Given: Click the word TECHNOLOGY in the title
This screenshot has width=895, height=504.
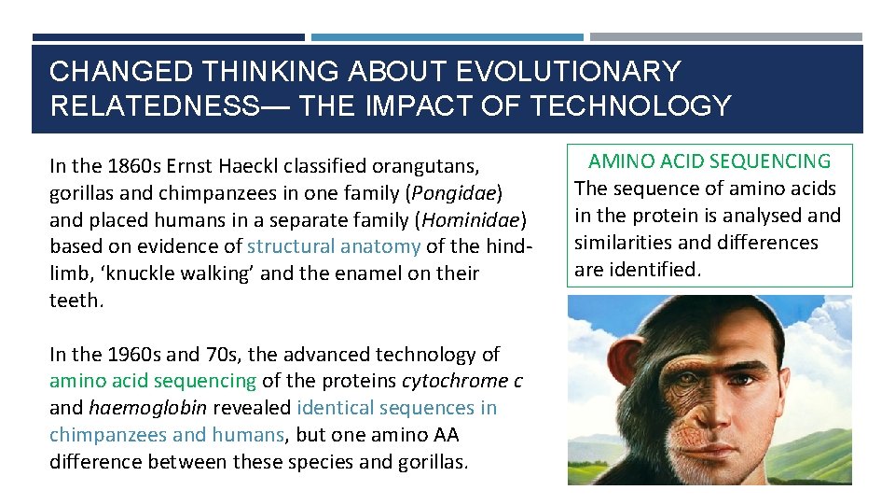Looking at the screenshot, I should pos(630,105).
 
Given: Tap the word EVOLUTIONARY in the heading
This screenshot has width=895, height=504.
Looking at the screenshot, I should pos(570,72).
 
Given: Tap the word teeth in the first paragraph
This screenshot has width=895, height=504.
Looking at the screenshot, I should pos(74,301).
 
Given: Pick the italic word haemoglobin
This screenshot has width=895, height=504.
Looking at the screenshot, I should pos(148,408).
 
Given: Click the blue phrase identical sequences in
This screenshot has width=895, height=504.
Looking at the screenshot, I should pos(397,408).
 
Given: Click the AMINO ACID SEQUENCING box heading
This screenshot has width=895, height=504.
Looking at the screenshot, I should pos(709,161).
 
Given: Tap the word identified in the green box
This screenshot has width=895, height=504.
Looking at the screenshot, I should pos(659,270).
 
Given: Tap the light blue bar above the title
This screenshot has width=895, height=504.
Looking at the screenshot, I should pos(447,37).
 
